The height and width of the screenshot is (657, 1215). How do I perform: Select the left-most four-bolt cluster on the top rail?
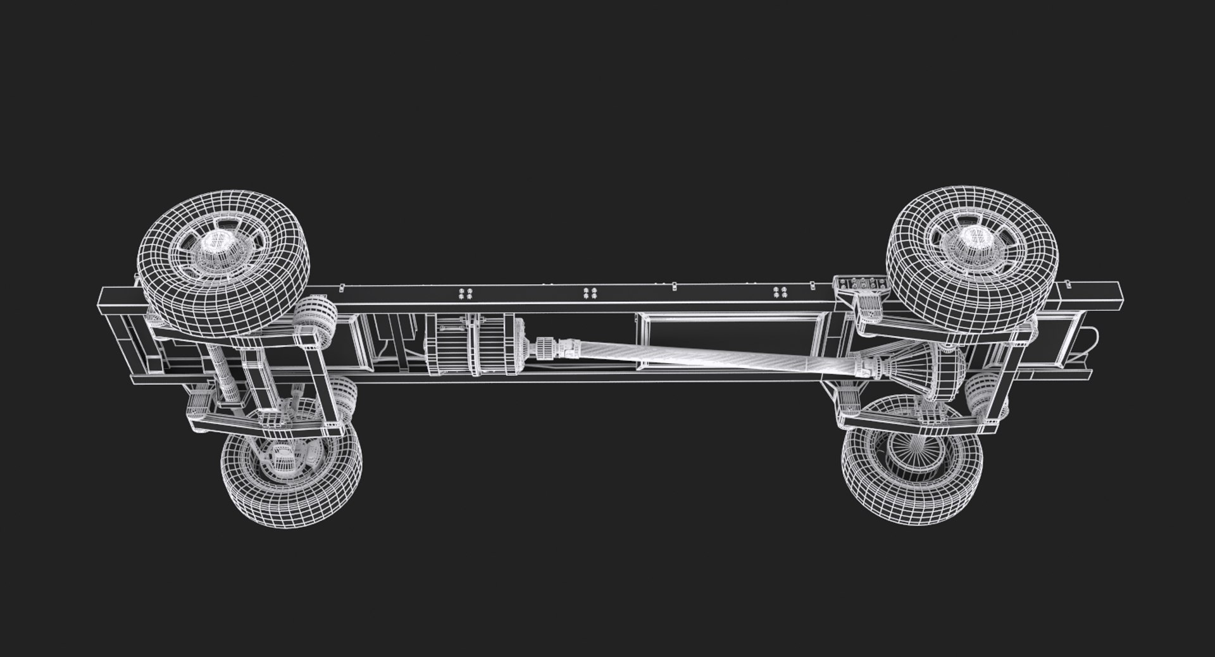point(466,294)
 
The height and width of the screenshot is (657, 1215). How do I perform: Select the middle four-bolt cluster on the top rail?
point(590,293)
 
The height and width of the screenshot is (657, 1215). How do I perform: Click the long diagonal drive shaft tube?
point(696,357)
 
